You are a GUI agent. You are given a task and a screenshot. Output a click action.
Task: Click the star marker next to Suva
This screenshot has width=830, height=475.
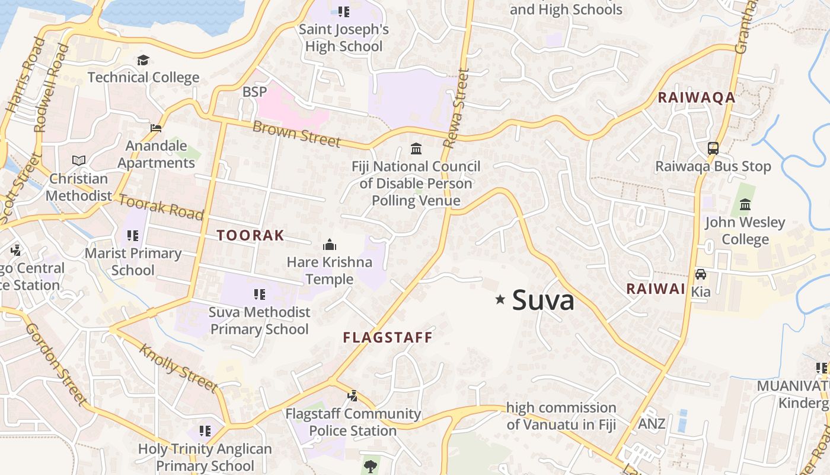point(500,300)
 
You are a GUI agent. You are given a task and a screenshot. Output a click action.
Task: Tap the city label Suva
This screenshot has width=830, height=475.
point(543,300)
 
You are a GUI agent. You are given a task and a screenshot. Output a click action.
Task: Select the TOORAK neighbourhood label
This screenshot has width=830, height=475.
point(250,235)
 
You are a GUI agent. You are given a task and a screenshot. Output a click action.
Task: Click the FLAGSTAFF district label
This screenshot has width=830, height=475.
point(388,337)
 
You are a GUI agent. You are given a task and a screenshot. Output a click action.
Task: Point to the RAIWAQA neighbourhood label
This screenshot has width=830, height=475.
point(697,97)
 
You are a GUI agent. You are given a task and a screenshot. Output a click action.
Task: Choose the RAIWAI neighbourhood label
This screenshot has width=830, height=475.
point(656,289)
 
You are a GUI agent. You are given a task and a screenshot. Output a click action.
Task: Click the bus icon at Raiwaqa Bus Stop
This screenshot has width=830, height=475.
point(713,148)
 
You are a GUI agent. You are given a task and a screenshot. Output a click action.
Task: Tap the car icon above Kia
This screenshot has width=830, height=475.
point(701,274)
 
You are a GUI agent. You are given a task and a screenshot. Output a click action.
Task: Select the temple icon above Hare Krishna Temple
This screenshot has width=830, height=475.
point(329,245)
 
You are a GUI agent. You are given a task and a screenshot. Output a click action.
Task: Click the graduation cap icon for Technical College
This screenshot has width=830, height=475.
point(143,61)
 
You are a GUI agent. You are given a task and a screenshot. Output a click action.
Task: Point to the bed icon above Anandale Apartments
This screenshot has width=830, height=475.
point(156,128)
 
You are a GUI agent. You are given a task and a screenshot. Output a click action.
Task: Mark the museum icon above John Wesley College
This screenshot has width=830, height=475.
point(745,205)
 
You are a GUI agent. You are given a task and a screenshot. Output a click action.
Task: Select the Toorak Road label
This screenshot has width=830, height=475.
point(161,206)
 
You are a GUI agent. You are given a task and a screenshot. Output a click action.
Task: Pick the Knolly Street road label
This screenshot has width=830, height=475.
point(177,367)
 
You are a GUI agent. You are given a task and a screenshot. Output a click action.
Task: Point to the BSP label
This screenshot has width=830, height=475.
point(255,92)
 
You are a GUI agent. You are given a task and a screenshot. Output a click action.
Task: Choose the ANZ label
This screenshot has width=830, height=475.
point(652,424)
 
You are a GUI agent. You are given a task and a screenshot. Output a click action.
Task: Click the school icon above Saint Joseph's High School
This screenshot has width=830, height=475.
point(343,11)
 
